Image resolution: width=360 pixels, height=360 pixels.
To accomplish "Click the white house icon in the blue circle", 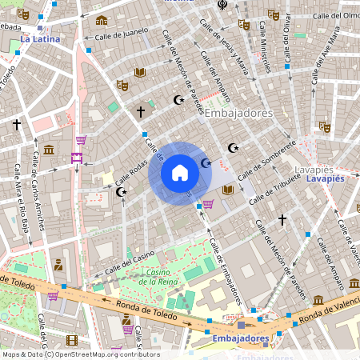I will [x=180, y=173].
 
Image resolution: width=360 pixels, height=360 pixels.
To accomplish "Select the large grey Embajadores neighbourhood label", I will [x=238, y=114].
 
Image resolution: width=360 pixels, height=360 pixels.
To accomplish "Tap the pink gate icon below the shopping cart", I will [x=77, y=158].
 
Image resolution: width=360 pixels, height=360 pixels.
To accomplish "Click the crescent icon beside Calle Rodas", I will [x=122, y=192].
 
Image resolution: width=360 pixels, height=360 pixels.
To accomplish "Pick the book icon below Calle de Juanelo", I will [x=140, y=72].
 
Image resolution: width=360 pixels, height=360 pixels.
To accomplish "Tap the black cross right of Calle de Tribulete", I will [x=282, y=218].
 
